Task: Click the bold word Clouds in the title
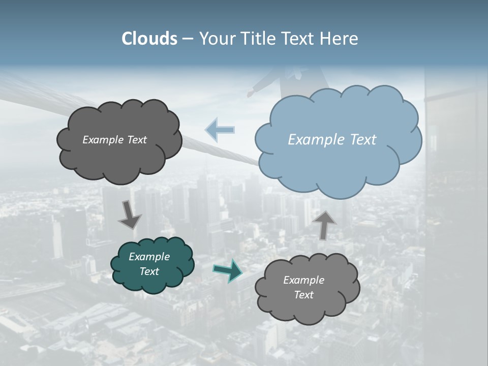[149, 39]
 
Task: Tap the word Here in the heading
[340, 39]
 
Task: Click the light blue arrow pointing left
[220, 130]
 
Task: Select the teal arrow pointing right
[227, 270]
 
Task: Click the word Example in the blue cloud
[314, 140]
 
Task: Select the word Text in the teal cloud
[149, 271]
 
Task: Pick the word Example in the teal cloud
[149, 257]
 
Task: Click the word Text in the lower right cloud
[304, 295]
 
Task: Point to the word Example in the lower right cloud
[304, 280]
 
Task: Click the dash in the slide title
[188, 39]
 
